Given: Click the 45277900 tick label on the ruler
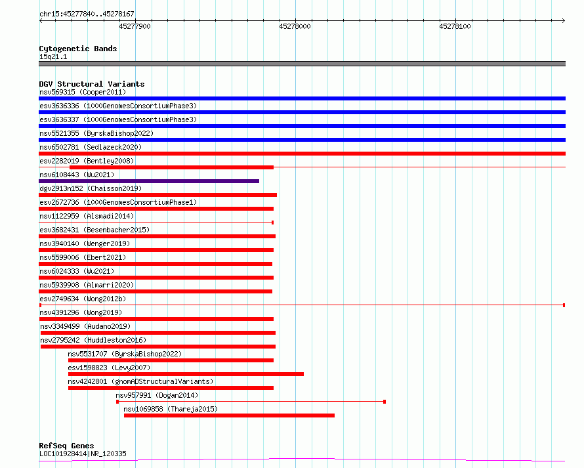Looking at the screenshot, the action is coord(135,26).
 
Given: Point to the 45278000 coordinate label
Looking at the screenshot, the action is coord(295,26).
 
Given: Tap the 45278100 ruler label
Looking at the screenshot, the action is coord(455,26).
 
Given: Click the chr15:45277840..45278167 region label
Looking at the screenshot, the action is coord(87,14).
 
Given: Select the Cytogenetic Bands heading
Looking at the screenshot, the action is coord(78,49).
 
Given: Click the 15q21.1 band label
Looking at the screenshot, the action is coord(53,56).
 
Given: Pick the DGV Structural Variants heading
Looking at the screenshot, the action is coord(92,84).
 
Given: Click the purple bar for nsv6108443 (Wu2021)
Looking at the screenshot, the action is coord(149,181).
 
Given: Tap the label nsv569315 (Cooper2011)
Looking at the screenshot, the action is coord(83,92).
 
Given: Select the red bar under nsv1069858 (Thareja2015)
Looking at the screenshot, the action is coord(229,415).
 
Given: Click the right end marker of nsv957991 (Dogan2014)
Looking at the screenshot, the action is coord(385,402).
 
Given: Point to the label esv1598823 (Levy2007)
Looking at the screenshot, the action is coord(109,368).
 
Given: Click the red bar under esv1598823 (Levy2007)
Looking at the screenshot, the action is coord(186,374).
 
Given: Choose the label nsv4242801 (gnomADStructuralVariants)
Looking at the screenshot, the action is coord(140,381).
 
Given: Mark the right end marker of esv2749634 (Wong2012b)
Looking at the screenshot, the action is coord(564,305).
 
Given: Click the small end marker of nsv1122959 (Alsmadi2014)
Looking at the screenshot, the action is coord(272,223).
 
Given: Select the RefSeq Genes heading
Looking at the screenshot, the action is coord(67,446).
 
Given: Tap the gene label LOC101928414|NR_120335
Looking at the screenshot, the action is coord(83,454).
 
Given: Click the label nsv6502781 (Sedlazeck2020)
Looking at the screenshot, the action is coord(91,147).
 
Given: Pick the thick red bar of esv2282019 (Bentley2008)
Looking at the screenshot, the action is coord(171,167).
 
